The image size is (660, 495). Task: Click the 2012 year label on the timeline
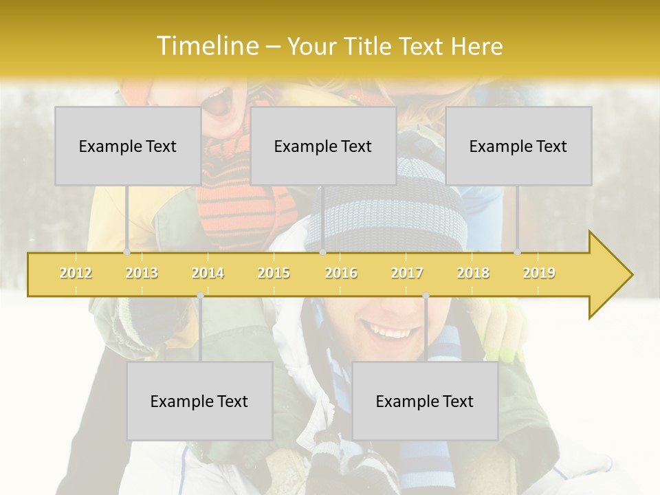(x=76, y=273)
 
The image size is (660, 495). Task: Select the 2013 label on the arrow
(x=142, y=273)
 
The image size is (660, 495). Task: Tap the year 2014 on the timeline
(x=208, y=273)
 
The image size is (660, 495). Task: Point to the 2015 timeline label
(x=274, y=273)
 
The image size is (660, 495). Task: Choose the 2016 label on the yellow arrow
(x=341, y=273)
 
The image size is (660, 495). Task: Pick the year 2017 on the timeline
(x=407, y=273)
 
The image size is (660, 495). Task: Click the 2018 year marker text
(x=473, y=273)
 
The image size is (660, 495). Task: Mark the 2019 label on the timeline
(x=539, y=273)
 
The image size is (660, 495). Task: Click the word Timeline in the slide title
(x=207, y=46)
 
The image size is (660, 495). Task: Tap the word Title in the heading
(x=369, y=47)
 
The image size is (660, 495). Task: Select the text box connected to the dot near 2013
(x=128, y=146)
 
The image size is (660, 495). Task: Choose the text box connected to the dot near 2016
(x=323, y=146)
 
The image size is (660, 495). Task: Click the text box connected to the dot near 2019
(x=518, y=146)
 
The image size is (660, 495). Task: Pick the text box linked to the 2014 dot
(x=199, y=401)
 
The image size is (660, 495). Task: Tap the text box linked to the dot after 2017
(x=425, y=401)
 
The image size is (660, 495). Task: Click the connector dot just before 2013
(x=127, y=252)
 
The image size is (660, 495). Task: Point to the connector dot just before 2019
(x=518, y=252)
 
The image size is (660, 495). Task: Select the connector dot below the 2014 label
(x=200, y=296)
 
